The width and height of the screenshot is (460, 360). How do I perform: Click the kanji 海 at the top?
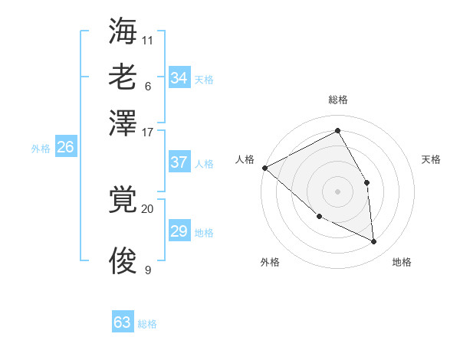tap(123, 31)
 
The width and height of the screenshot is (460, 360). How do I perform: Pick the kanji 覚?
tap(123, 201)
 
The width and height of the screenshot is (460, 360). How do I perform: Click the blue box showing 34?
tap(179, 78)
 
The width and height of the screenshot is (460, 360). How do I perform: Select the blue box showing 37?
tap(179, 162)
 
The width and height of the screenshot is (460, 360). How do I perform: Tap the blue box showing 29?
tap(179, 231)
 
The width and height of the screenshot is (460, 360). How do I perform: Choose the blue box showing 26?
tap(65, 148)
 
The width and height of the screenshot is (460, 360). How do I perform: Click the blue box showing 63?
tap(123, 322)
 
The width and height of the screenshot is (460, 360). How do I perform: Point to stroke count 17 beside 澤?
tap(148, 131)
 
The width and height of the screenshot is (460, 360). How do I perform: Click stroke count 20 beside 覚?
tap(148, 208)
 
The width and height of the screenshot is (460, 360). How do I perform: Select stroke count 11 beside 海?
tap(148, 39)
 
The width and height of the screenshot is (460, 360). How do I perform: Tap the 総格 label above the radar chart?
tap(337, 100)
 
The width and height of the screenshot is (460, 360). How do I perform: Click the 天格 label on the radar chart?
tap(431, 159)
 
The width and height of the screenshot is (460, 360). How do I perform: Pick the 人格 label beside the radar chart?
tap(245, 159)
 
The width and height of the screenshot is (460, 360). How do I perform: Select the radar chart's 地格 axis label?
tap(402, 262)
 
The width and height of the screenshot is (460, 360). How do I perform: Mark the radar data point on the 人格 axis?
tap(264, 168)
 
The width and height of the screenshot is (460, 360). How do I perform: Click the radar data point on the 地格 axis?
tap(374, 242)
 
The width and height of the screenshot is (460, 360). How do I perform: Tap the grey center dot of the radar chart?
tap(337, 191)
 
